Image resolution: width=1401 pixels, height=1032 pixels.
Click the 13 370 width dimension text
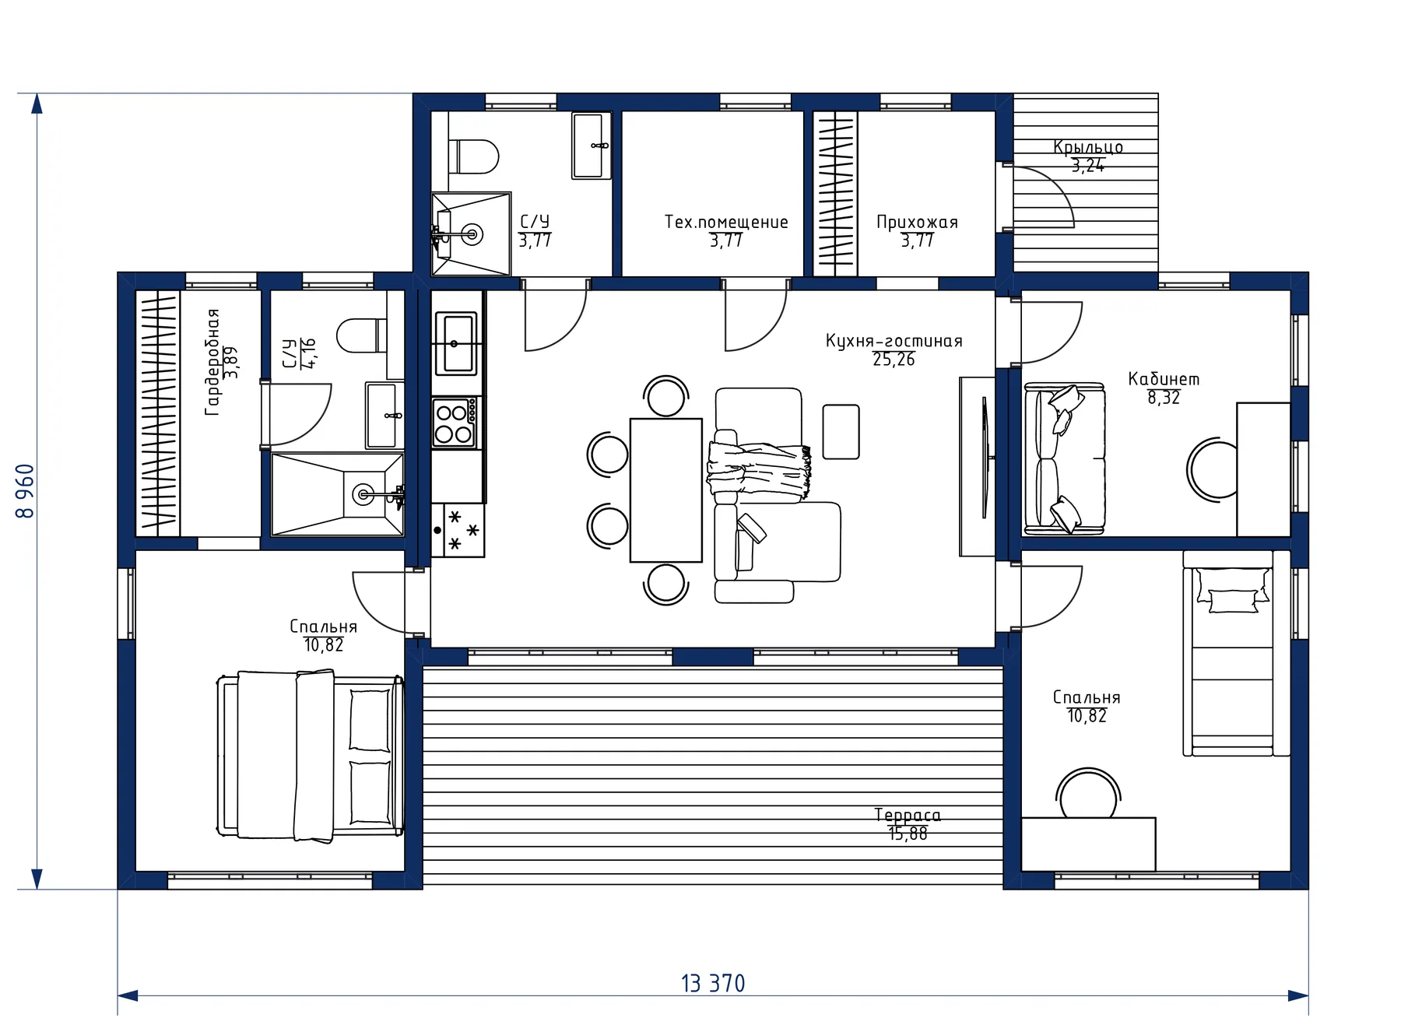tap(713, 984)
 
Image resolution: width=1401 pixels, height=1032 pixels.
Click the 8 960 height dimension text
tap(26, 491)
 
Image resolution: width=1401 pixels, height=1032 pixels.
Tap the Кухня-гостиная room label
tap(894, 341)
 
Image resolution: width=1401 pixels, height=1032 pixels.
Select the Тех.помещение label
tap(726, 222)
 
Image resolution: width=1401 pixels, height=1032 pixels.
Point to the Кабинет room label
tap(1164, 379)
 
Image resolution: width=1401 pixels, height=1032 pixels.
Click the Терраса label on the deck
tap(908, 815)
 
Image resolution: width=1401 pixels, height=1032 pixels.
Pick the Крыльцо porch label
tap(1088, 147)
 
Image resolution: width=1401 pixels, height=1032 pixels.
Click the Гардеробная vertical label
tap(212, 362)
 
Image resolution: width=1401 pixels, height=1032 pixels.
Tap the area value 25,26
tap(894, 360)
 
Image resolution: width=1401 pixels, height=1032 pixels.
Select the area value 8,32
tap(1164, 398)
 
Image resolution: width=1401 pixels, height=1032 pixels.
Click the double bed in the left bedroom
tap(309, 755)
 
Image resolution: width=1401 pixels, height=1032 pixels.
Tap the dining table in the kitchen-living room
tap(665, 490)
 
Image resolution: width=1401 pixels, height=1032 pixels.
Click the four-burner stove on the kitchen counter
tap(455, 423)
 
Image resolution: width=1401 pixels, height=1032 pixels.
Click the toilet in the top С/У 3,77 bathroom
tap(472, 156)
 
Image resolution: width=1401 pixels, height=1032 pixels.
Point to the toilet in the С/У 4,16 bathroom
tap(362, 335)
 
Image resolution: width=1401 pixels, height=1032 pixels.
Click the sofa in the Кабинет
tap(1064, 458)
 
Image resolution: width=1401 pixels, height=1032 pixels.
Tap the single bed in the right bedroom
tap(1235, 653)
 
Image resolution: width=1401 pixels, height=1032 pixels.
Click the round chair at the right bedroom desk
tap(1089, 794)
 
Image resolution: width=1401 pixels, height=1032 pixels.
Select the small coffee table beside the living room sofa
tap(841, 431)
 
